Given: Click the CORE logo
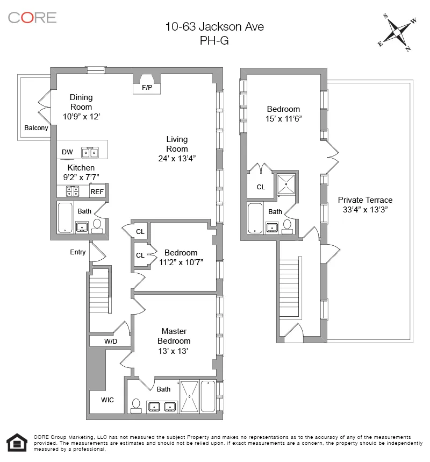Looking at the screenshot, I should point(32,17).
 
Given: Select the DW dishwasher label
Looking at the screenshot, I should point(67,152).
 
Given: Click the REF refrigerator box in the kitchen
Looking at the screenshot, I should point(97,191).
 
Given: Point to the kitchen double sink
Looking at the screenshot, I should point(90,153).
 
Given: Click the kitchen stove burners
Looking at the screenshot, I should point(73,191).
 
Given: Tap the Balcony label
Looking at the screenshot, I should point(36,128).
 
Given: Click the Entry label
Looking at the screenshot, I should point(78,252).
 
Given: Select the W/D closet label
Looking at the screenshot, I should point(111,341).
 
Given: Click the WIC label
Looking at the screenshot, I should point(107,400).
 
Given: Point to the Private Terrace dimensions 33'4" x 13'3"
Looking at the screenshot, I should point(365,210).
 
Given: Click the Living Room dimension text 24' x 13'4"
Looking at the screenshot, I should point(177,158).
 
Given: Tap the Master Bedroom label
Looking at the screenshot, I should point(174,336).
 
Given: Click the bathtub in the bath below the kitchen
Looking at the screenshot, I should point(65,217).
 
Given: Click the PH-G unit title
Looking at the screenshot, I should point(214,40).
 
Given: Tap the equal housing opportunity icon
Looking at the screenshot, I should point(17,443).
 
